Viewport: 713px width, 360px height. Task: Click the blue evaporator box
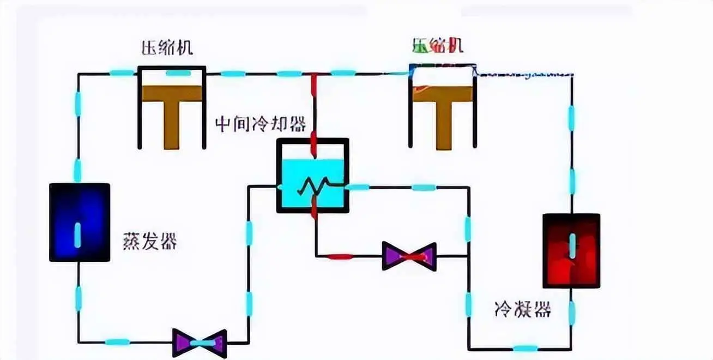click(80, 222)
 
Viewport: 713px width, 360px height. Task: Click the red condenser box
click(571, 250)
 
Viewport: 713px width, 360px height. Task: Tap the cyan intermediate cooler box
click(312, 175)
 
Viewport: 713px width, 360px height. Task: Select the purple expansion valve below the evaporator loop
click(200, 343)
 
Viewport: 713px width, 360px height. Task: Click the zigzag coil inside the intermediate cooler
click(312, 187)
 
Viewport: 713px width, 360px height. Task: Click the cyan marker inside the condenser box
click(572, 245)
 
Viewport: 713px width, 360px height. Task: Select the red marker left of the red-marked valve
click(339, 256)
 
